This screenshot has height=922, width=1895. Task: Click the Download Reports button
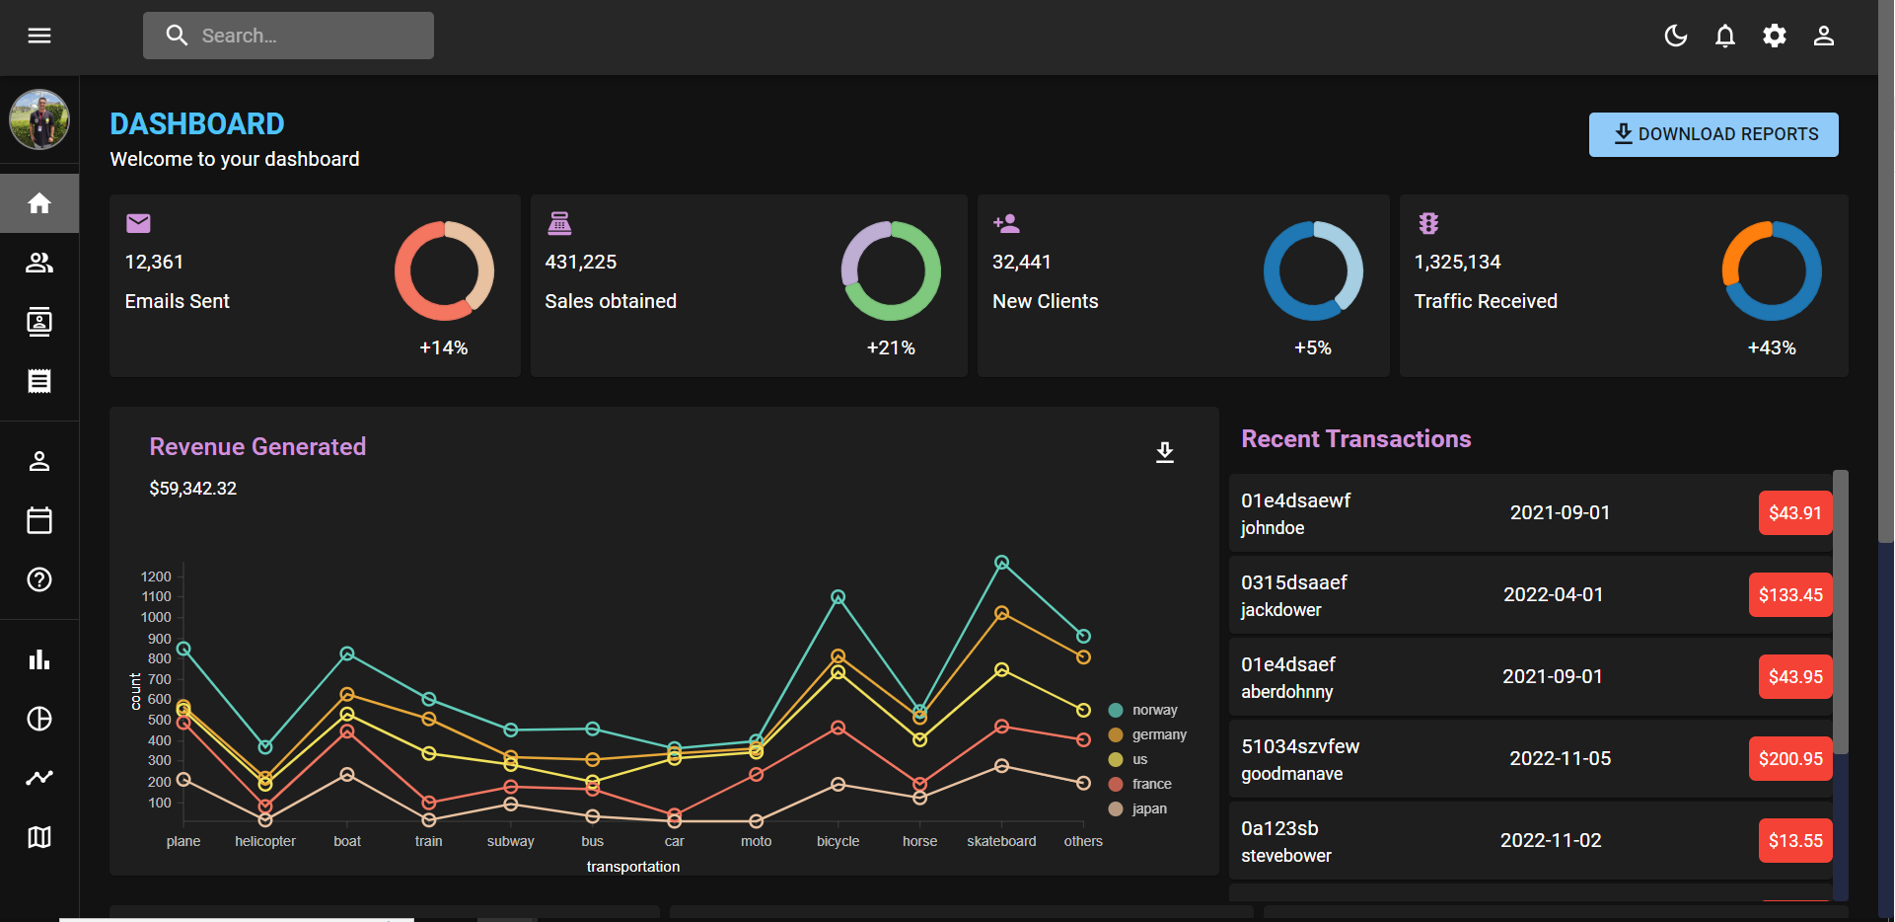pyautogui.click(x=1713, y=134)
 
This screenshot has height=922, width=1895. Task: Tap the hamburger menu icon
pyautogui.click(x=39, y=36)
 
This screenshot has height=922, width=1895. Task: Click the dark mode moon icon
pyautogui.click(x=1675, y=36)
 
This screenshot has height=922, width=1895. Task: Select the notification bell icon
pyautogui.click(x=1724, y=36)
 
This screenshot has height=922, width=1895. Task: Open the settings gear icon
pyautogui.click(x=1774, y=36)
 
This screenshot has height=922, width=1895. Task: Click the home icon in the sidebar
pyautogui.click(x=39, y=203)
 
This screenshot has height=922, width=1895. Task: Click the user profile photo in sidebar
pyautogui.click(x=39, y=119)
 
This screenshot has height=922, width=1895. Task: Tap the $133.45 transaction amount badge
pyautogui.click(x=1790, y=594)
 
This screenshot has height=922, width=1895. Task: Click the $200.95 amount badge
pyautogui.click(x=1790, y=758)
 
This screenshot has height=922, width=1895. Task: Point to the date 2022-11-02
pyautogui.click(x=1551, y=840)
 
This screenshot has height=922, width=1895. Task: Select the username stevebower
pyautogui.click(x=1286, y=856)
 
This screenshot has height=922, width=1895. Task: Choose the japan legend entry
pyautogui.click(x=1148, y=808)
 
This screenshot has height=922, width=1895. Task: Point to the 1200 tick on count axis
pyautogui.click(x=156, y=576)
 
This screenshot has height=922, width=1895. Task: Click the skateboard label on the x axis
pyautogui.click(x=1001, y=841)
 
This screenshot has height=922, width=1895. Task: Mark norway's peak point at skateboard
pyautogui.click(x=1001, y=563)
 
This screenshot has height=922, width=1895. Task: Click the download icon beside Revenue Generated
pyautogui.click(x=1164, y=452)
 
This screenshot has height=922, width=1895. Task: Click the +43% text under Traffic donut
pyautogui.click(x=1771, y=347)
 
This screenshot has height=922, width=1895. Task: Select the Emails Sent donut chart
pyautogui.click(x=444, y=270)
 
